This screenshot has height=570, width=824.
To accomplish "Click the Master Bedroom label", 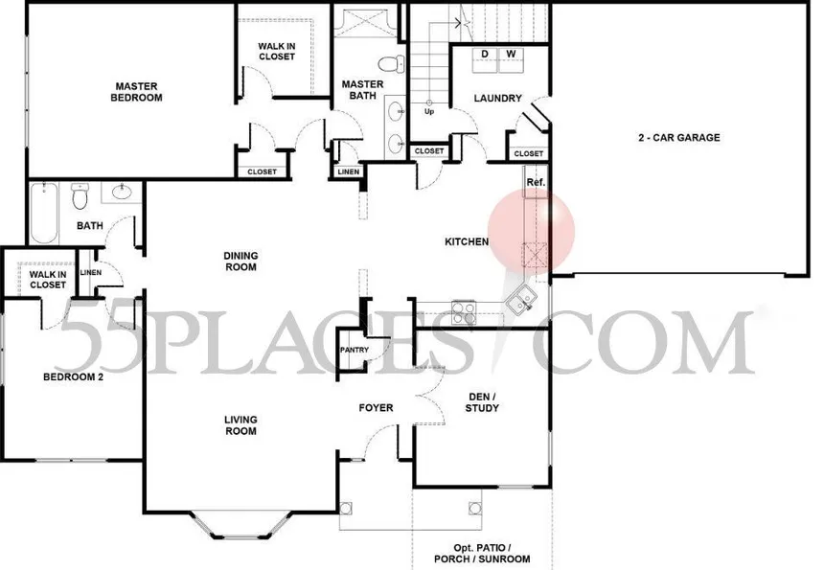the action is (x=136, y=92).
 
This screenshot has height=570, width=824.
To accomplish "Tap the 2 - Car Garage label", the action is (x=679, y=138).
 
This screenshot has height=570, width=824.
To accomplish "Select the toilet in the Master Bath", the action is (x=392, y=63).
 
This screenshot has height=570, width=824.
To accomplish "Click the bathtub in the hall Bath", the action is (x=44, y=213).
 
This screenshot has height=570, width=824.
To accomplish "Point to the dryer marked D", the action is (x=485, y=59).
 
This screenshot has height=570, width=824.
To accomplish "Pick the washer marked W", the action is (x=511, y=59).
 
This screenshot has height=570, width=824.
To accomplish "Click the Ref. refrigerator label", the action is (x=536, y=182).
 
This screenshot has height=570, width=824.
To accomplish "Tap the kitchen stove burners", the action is (x=464, y=312).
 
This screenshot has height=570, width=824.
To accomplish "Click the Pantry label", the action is (x=355, y=350).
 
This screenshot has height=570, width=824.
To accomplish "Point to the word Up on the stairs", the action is (x=429, y=111).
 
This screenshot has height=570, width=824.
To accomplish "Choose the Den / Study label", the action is (x=482, y=402).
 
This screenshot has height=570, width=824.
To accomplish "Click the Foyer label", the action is (x=376, y=408).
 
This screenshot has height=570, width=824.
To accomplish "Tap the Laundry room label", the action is (x=497, y=99).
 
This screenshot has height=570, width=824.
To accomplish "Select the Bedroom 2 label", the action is (x=73, y=377).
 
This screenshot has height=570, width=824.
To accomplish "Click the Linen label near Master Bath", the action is (x=349, y=171).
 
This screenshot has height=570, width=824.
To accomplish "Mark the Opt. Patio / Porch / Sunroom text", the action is (x=482, y=554).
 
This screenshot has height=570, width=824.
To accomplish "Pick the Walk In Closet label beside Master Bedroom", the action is (x=276, y=52).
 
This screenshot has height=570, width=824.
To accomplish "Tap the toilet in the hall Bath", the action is (x=80, y=196).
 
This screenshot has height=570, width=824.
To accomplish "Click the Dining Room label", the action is (x=240, y=262).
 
